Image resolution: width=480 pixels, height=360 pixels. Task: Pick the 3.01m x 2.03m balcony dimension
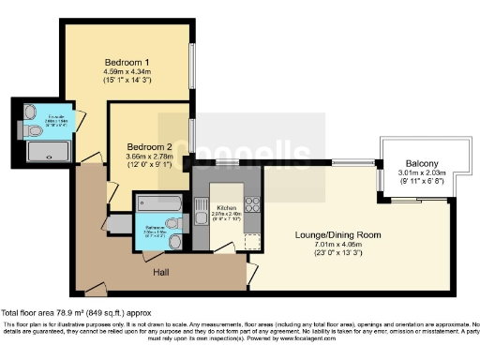pyautogui.click(x=414, y=172)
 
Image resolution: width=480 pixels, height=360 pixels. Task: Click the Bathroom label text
pyautogui.click(x=155, y=228)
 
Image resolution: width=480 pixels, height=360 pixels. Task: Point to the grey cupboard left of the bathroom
pyautogui.click(x=119, y=223)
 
